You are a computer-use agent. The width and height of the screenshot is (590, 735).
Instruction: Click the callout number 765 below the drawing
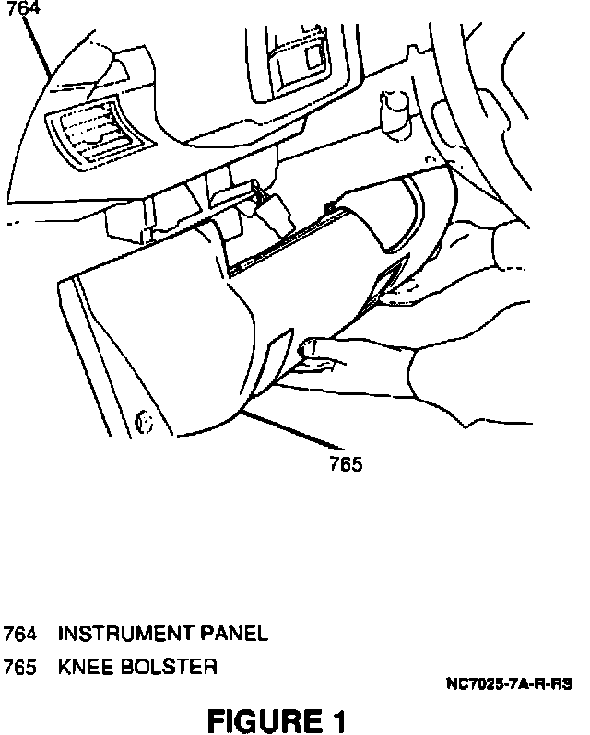tap(346, 465)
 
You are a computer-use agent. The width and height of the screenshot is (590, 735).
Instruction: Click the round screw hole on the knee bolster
tap(143, 421)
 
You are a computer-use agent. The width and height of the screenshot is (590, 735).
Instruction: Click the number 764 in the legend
tap(20, 634)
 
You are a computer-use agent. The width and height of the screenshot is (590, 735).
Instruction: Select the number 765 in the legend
tap(20, 667)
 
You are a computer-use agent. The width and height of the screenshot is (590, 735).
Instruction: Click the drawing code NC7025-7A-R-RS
tap(509, 685)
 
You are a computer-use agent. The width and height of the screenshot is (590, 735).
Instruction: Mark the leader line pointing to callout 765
tap(290, 435)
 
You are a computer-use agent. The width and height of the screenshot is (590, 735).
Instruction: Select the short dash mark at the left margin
tap(14, 224)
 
